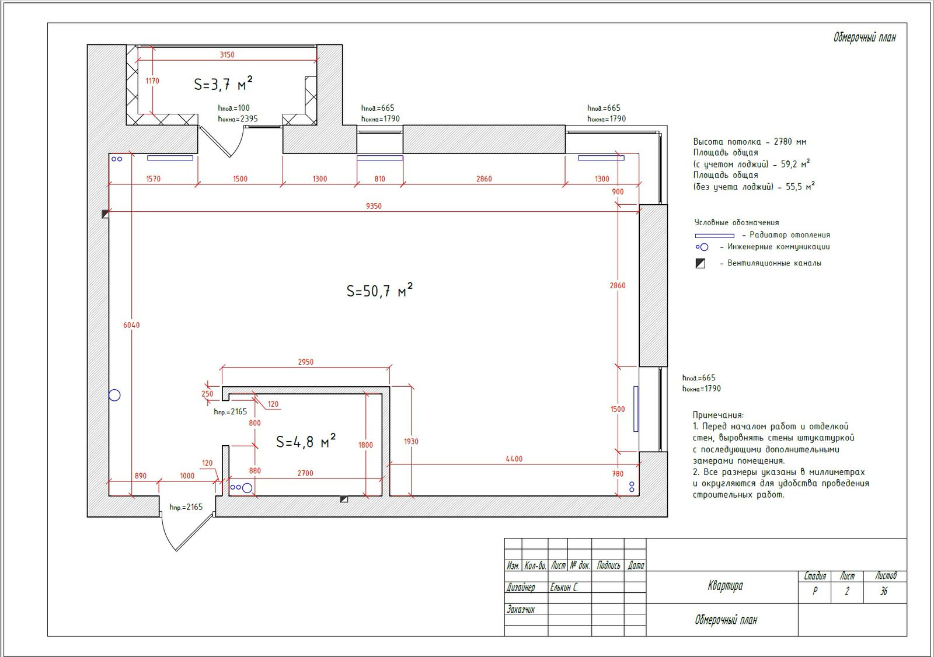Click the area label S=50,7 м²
tap(379, 290)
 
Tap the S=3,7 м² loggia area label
tap(223, 83)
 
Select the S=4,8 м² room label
tap(306, 441)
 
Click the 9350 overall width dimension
tap(374, 206)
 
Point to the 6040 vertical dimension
tap(131, 325)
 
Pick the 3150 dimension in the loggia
tap(227, 55)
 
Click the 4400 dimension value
tap(514, 459)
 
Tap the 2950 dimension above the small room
tap(306, 362)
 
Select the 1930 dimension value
tap(411, 441)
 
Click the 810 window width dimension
tap(379, 179)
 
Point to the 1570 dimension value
tap(153, 179)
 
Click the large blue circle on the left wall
tap(114, 395)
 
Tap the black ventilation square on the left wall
tap(105, 214)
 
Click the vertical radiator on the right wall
tap(636, 408)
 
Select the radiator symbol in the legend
tap(715, 236)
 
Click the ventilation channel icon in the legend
tap(700, 264)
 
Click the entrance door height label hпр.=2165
tap(186, 507)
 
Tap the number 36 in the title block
tap(884, 591)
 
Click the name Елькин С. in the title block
tap(564, 588)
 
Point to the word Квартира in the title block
tap(725, 586)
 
